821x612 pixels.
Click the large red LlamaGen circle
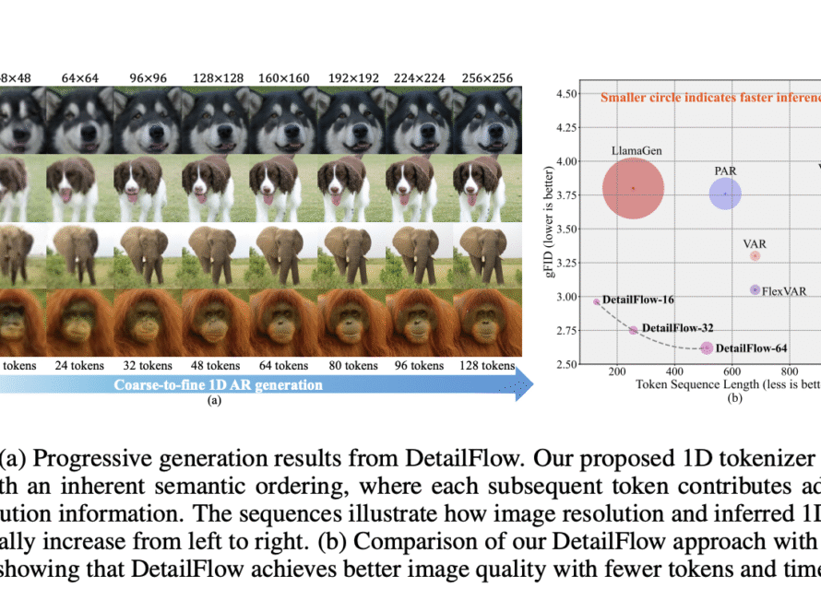pos(633,189)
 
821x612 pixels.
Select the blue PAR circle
pos(725,194)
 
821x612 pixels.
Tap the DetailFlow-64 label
pos(752,348)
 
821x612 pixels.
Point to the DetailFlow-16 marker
pos(597,301)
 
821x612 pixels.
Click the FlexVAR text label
pos(784,291)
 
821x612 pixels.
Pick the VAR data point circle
pos(755,255)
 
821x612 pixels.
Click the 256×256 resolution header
pos(488,77)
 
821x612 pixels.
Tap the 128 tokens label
pos(487,365)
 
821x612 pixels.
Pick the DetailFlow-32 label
pos(677,327)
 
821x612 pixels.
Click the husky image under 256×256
pos(488,118)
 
